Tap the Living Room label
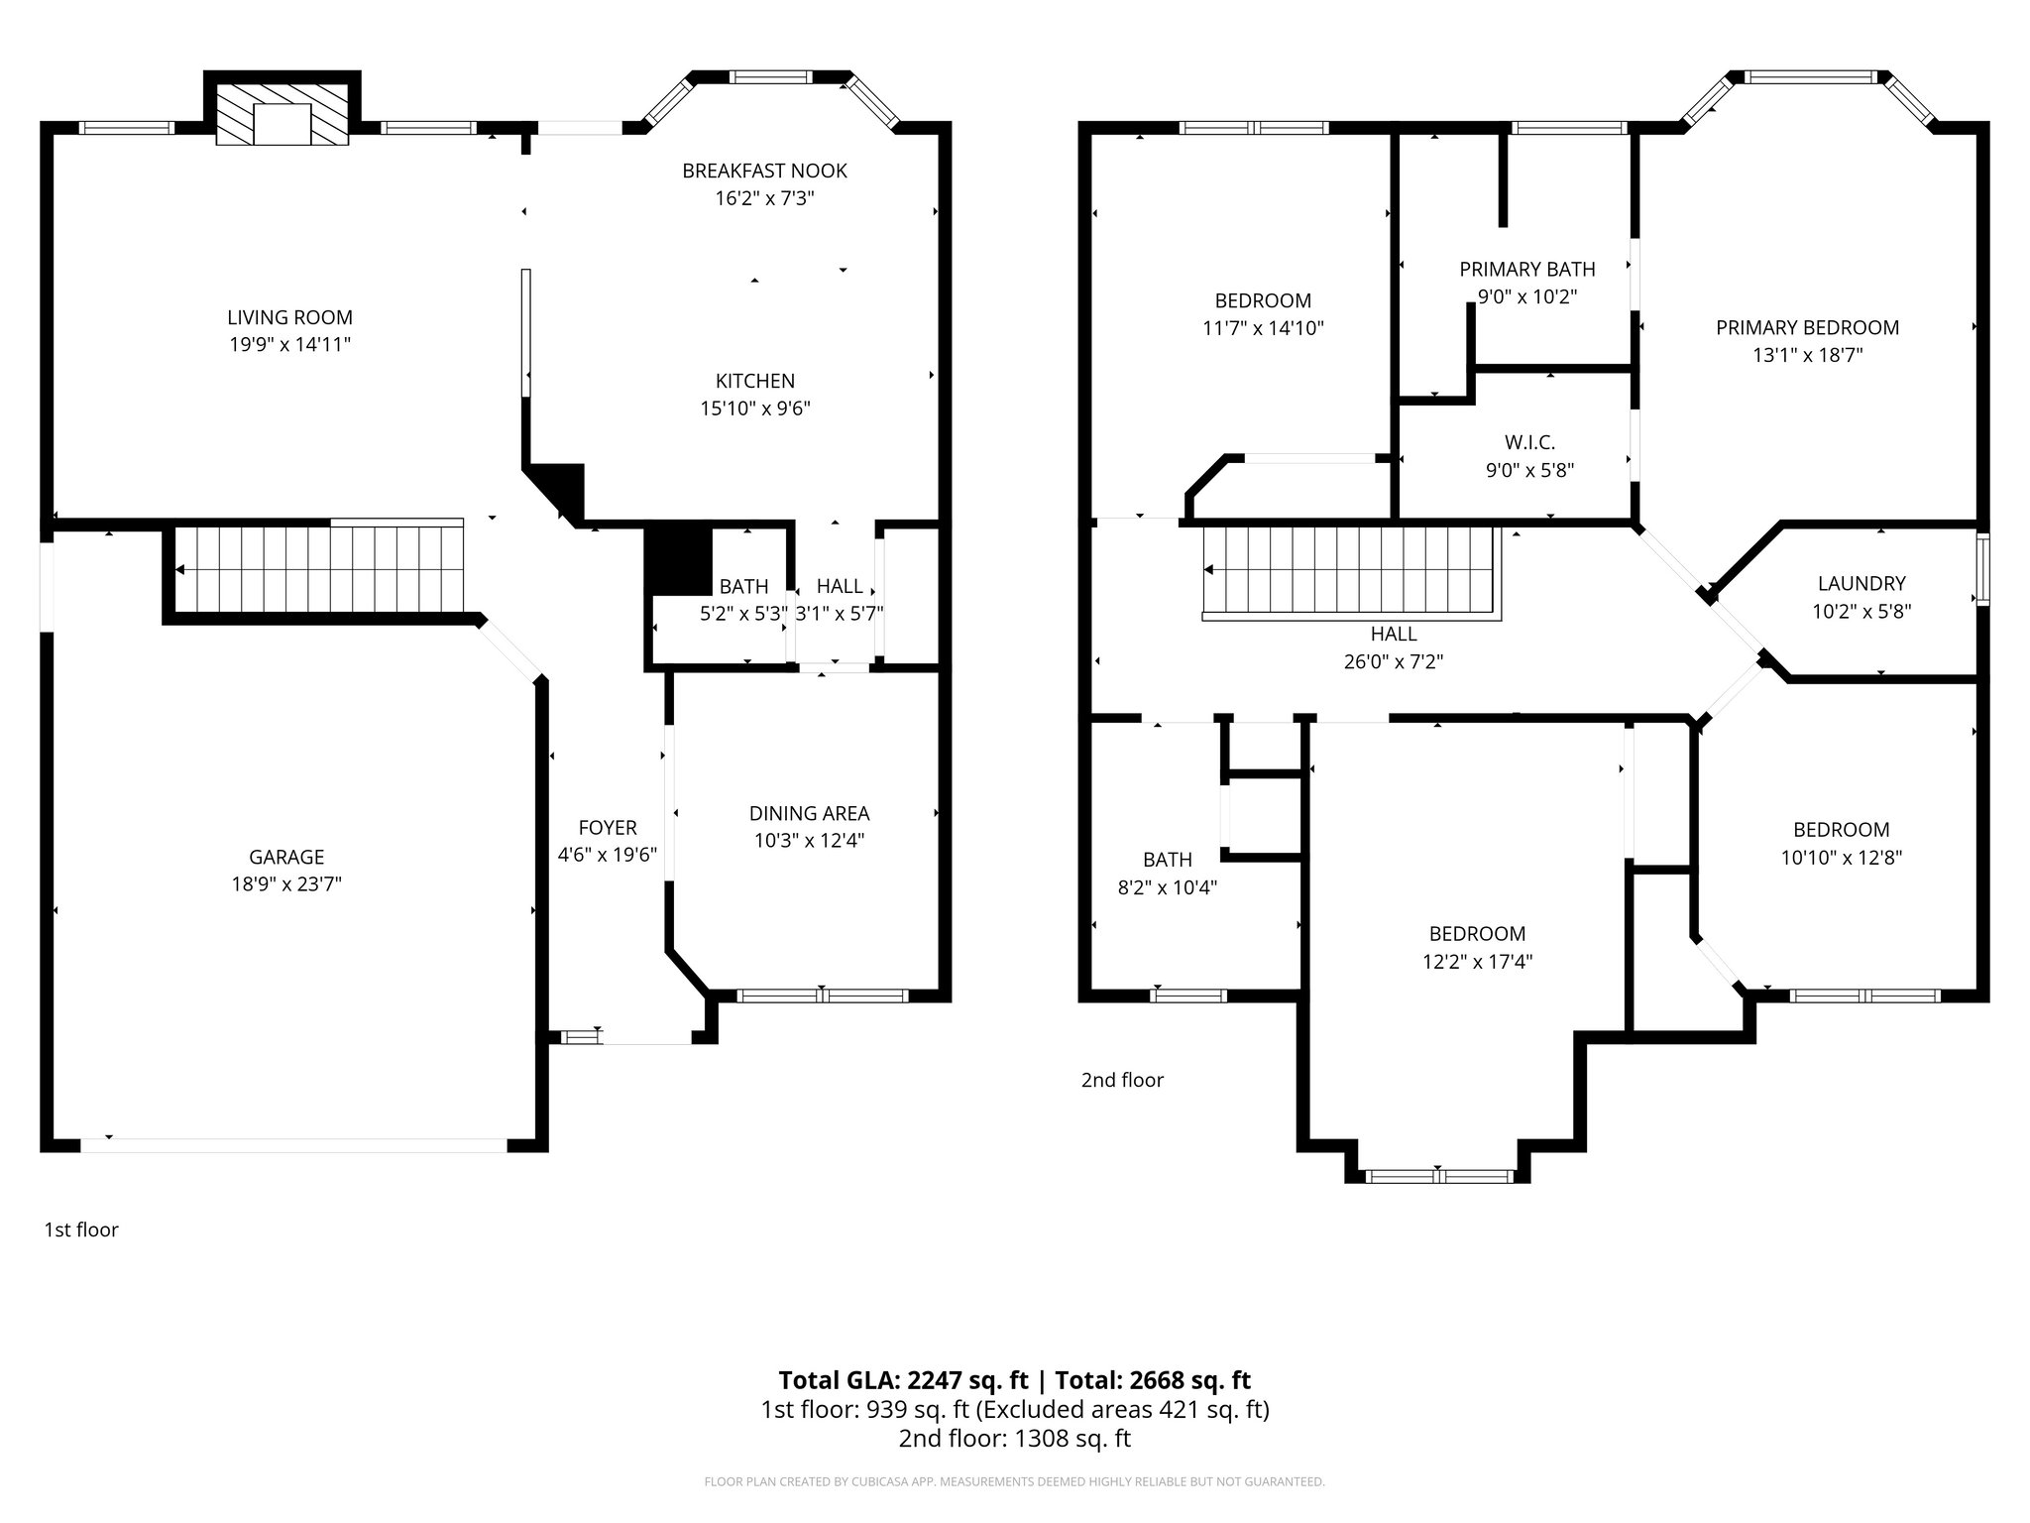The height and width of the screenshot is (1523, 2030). [x=289, y=317]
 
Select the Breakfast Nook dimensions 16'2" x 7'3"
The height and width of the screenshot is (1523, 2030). [x=764, y=198]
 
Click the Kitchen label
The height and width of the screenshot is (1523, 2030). [x=755, y=381]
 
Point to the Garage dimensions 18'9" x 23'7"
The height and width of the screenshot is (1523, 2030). [x=286, y=884]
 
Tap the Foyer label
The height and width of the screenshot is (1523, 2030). [x=608, y=827]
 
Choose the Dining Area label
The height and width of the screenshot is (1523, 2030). [x=809, y=813]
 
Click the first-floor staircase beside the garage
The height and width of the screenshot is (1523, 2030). [x=317, y=570]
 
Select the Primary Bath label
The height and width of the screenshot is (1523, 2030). [x=1526, y=269]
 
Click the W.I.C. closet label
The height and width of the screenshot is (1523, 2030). [x=1529, y=442]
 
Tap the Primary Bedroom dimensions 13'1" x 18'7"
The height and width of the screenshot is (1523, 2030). [x=1807, y=355]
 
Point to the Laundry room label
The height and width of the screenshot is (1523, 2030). [x=1861, y=584]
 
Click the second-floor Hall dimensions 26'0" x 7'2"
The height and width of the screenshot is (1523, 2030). [x=1393, y=661]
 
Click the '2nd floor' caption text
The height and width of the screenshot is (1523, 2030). [x=1122, y=1080]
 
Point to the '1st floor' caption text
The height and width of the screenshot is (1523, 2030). [x=81, y=1230]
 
